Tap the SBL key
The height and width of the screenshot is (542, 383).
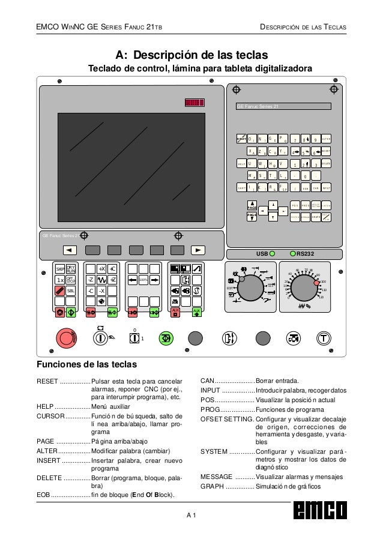point(70,291)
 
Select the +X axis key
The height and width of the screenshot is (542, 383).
point(101,269)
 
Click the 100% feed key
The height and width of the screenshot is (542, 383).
point(143,280)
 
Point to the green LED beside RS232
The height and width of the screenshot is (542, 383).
point(293,253)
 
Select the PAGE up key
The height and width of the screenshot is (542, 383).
point(253,205)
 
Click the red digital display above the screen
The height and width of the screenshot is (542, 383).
point(195,103)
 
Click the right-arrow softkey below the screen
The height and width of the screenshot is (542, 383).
point(198,250)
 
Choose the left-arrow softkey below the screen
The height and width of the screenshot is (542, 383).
point(69,250)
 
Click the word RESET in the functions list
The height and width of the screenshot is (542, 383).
point(47,381)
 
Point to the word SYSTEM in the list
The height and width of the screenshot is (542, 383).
point(213,451)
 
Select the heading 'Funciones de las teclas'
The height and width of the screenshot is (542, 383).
point(87,364)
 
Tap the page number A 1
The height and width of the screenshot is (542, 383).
point(191,515)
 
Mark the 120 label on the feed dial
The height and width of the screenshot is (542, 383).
point(322,297)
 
